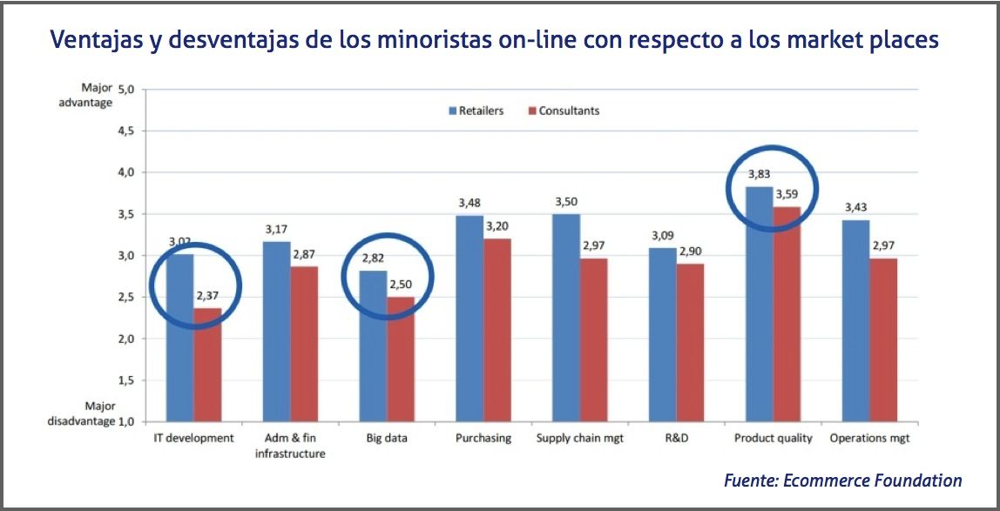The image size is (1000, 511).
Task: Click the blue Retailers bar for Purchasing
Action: click(470, 319)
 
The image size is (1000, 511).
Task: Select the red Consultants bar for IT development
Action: click(207, 365)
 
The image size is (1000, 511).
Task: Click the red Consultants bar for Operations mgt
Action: click(884, 340)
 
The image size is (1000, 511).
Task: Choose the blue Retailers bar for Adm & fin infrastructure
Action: click(276, 332)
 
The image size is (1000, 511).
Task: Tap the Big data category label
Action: click(387, 438)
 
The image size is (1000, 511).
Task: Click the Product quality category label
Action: click(773, 438)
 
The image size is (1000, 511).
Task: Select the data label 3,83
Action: click(760, 174)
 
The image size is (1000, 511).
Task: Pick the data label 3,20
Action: click(497, 226)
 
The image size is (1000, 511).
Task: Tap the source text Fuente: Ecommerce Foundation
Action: click(842, 480)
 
